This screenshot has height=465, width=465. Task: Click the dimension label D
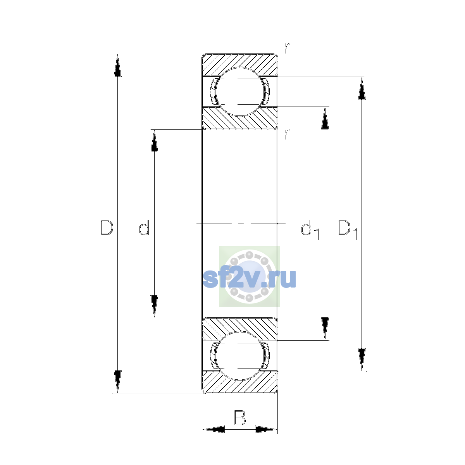click(x=107, y=227)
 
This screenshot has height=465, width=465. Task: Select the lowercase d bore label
click(x=144, y=227)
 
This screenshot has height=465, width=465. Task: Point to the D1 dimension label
click(x=347, y=229)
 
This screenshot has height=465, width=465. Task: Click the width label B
click(x=239, y=417)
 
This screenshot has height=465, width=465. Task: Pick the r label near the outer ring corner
click(x=287, y=48)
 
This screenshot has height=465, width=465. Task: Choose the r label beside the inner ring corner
click(x=287, y=135)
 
